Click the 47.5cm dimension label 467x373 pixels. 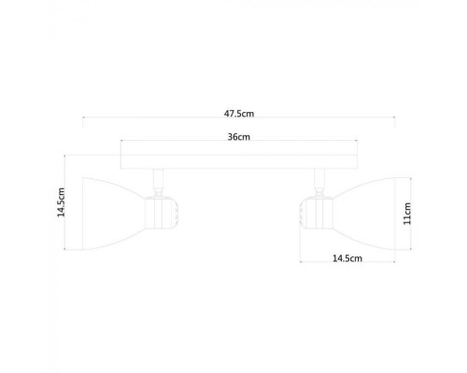tap(239, 112)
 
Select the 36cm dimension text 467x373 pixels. tap(239, 136)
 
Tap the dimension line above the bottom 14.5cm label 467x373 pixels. tap(347, 250)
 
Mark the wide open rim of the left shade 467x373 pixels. tap(84, 206)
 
